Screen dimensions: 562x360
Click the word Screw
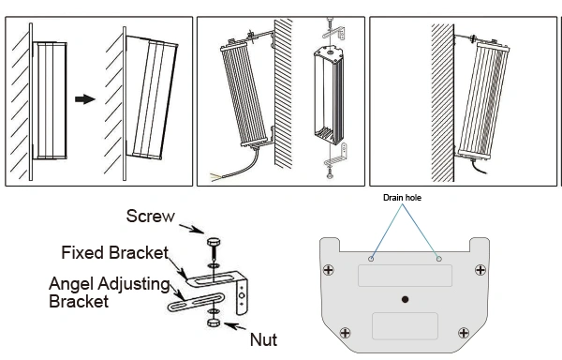coord(151,217)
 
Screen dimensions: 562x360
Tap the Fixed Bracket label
coord(114,253)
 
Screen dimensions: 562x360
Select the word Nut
coord(263,340)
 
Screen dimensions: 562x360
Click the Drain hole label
coord(402,198)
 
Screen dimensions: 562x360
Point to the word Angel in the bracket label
coord(72,285)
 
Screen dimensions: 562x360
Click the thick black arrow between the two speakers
coord(85,99)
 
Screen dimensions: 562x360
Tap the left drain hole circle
coord(371,259)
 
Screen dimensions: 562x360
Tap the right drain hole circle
coord(439,259)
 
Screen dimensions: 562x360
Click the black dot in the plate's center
coord(405,299)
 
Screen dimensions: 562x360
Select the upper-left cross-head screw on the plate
coord(329,270)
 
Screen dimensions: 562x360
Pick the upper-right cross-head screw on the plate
coord(481,270)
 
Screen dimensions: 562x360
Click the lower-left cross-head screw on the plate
coord(345,333)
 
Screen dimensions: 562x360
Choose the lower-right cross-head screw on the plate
coord(464,333)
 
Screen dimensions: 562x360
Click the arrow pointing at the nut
coord(235,326)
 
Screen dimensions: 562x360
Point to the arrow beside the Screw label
coord(191,229)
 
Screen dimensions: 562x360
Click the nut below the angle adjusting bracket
coord(214,322)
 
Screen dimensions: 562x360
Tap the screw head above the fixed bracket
coord(214,243)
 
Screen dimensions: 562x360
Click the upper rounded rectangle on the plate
coord(405,276)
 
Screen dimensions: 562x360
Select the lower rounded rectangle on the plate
coord(405,326)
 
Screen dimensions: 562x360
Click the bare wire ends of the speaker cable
coord(217,177)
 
